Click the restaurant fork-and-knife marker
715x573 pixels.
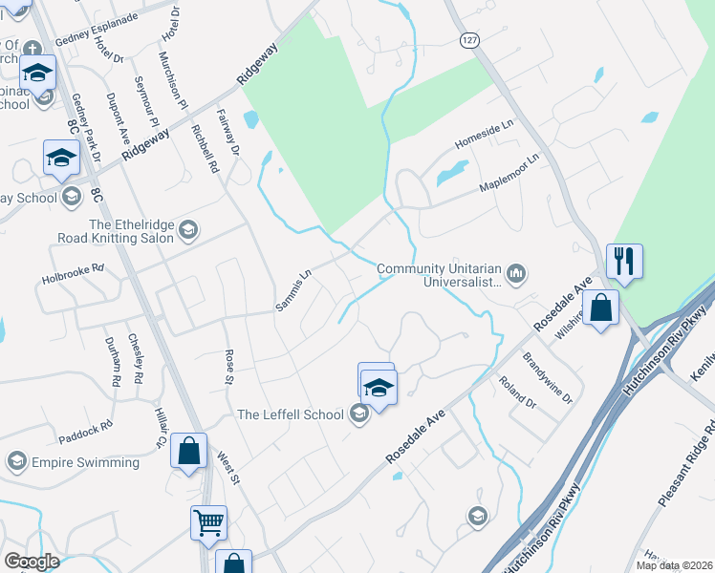pos(624,261)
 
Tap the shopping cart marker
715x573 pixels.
pos(208,522)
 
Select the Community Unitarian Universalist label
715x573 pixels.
pos(439,276)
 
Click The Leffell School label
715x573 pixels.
pos(290,414)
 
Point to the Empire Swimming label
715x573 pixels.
pos(85,462)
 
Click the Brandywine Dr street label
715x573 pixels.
pos(548,376)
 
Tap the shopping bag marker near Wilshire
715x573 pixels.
pos(600,308)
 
